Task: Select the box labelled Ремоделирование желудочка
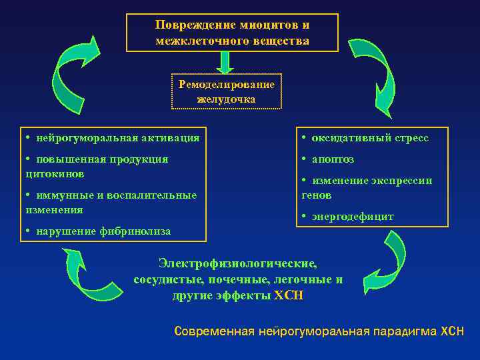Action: (227, 91)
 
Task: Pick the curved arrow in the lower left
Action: (90, 276)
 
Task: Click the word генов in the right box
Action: (317, 195)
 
